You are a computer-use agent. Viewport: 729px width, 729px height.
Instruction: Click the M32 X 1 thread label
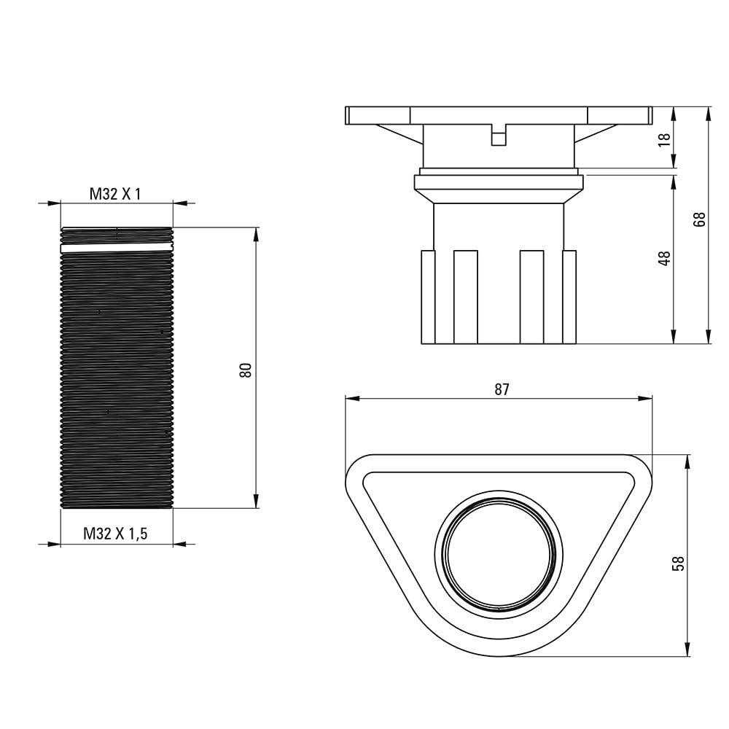tap(115, 194)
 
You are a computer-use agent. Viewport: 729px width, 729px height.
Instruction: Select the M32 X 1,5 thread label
tap(115, 534)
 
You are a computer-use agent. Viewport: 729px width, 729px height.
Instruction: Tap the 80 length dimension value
tap(246, 370)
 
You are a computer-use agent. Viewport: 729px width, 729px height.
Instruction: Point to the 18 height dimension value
tap(665, 139)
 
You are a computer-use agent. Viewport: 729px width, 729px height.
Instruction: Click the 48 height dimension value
tap(665, 259)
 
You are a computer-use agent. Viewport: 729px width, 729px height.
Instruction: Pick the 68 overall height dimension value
tap(699, 219)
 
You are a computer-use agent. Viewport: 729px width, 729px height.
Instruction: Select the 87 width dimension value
tap(502, 389)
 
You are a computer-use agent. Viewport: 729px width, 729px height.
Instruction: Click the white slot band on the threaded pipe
tap(117, 248)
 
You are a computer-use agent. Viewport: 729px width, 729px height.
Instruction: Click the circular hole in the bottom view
tap(499, 554)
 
